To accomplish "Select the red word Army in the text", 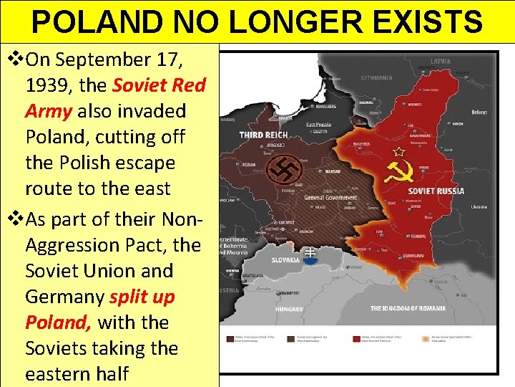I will (49, 111).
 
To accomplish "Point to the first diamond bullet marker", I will (13, 59).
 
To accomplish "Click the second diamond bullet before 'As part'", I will (13, 219).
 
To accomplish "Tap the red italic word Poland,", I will (58, 322).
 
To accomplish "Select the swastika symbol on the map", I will (285, 170).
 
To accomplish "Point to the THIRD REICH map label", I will (264, 135).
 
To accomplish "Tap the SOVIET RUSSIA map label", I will (436, 191).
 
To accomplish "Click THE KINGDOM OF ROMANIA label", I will (408, 308).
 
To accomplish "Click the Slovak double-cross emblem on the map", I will (310, 254).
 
